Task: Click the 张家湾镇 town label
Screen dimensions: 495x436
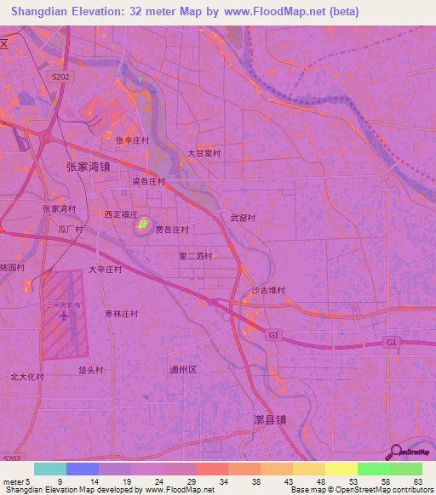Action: tap(89, 167)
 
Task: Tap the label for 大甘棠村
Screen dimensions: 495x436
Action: tap(204, 154)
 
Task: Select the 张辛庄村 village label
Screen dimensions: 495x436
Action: tap(132, 140)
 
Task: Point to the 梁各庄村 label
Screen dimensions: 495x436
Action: tap(148, 181)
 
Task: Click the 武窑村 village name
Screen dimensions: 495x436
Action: tap(243, 218)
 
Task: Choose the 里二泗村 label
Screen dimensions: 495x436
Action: tap(195, 255)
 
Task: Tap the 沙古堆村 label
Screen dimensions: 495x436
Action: tap(267, 290)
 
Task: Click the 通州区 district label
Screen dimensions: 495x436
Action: tap(183, 369)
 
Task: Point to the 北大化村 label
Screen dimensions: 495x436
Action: tap(26, 377)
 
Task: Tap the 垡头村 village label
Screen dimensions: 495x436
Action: tap(90, 370)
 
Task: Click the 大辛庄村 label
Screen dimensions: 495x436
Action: tap(106, 270)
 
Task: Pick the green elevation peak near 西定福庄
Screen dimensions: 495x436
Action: tap(142, 226)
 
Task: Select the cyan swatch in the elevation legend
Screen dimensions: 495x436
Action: tap(50, 469)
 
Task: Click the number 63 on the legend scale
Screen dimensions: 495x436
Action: tap(417, 482)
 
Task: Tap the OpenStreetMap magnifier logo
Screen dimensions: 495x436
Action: tap(394, 452)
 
